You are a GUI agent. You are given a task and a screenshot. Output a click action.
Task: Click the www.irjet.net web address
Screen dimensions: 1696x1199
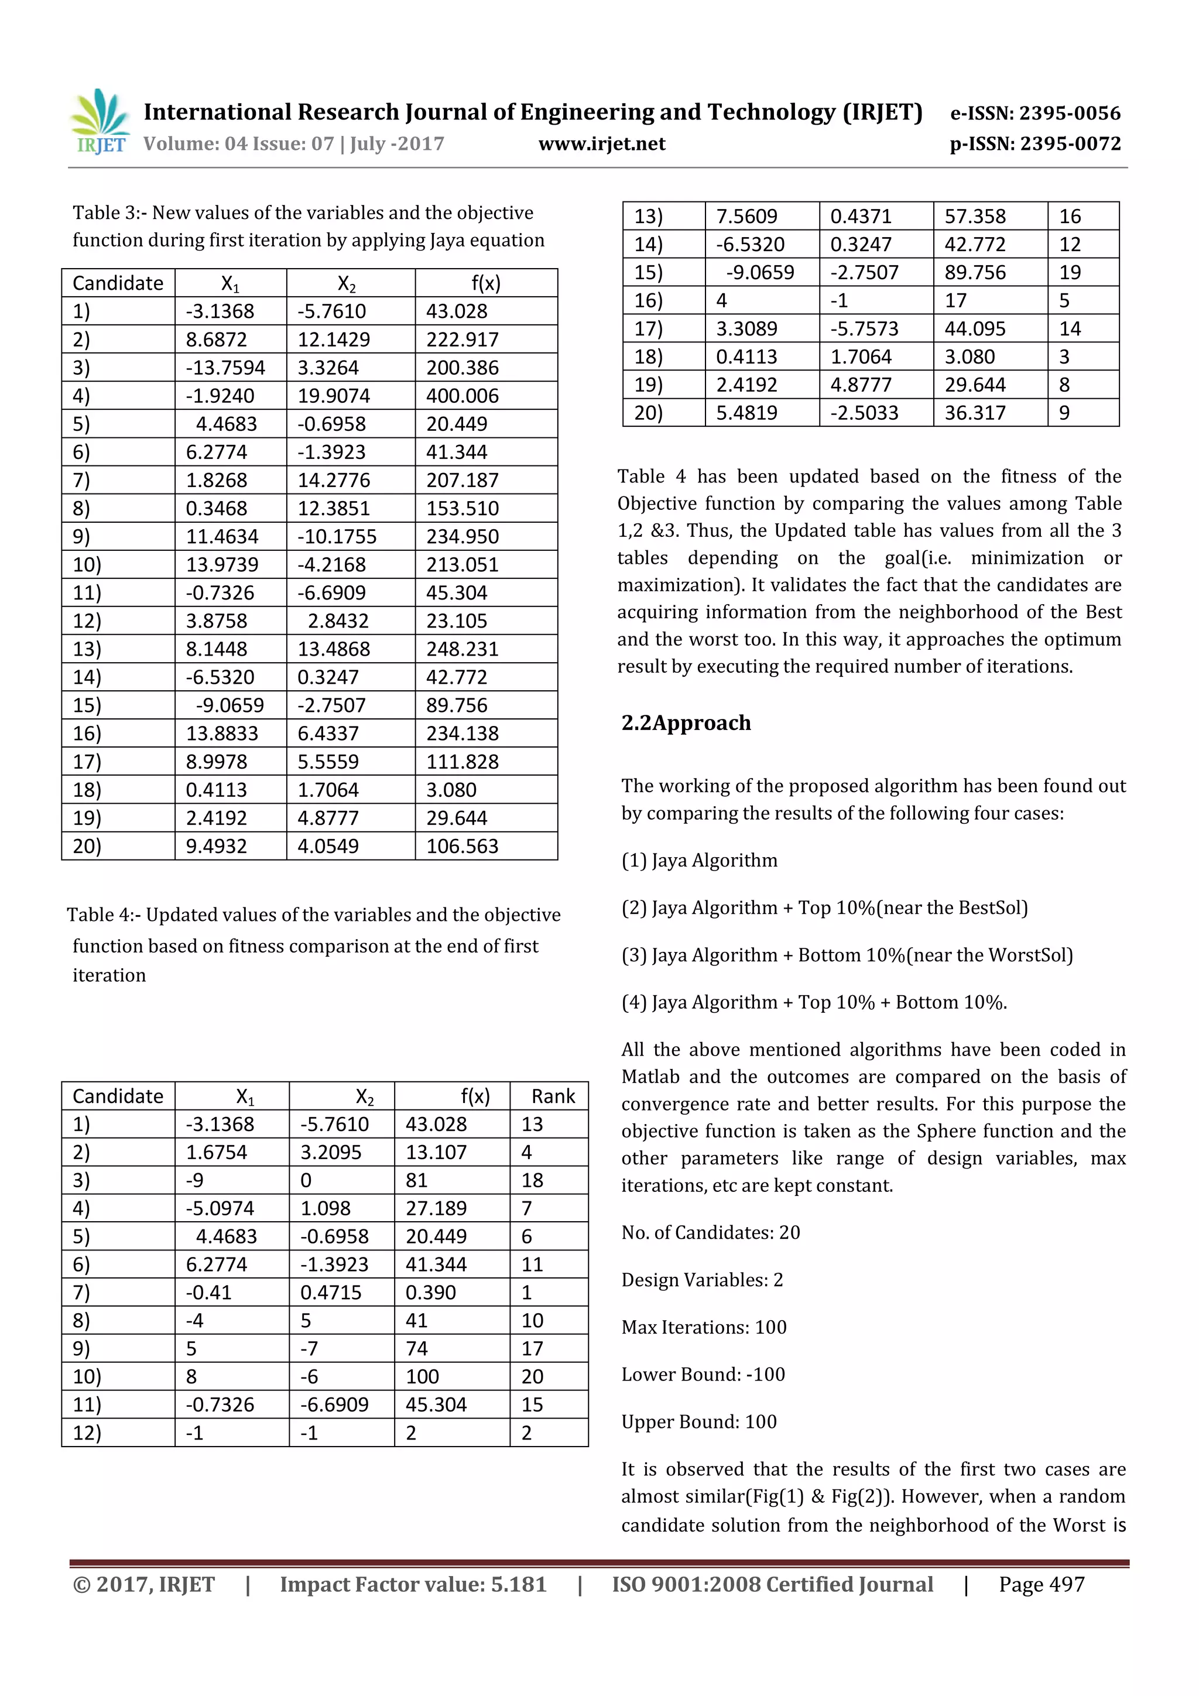click(x=601, y=144)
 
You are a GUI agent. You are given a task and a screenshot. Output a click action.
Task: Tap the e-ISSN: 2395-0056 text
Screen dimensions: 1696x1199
click(x=1034, y=113)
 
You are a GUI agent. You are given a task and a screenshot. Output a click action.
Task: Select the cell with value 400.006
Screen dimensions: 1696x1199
click(x=463, y=396)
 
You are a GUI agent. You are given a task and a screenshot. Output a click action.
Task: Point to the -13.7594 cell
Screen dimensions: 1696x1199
click(x=225, y=368)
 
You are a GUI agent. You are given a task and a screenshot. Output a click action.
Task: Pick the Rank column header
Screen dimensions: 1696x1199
click(x=553, y=1096)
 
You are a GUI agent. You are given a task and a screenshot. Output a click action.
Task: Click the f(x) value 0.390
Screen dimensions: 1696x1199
click(x=431, y=1293)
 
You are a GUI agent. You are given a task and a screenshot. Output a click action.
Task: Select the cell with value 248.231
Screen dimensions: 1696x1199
click(x=463, y=649)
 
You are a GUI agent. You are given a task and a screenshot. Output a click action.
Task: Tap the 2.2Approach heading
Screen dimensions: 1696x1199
click(x=686, y=722)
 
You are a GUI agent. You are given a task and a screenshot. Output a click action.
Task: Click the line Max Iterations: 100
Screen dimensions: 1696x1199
click(x=703, y=1327)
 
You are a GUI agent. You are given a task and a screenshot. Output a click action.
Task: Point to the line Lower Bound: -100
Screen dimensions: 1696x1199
click(x=703, y=1375)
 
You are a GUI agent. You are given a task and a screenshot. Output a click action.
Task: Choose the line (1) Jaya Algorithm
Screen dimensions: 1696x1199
click(x=699, y=861)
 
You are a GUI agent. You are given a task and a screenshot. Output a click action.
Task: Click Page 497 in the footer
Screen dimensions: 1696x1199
click(x=1041, y=1584)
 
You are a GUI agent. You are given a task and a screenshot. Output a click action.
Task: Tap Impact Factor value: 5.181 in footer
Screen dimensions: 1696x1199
click(x=413, y=1584)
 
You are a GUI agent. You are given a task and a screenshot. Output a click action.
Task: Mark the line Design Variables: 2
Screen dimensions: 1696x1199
click(x=702, y=1280)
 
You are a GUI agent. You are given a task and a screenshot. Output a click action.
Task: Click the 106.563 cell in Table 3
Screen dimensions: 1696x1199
click(x=463, y=847)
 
